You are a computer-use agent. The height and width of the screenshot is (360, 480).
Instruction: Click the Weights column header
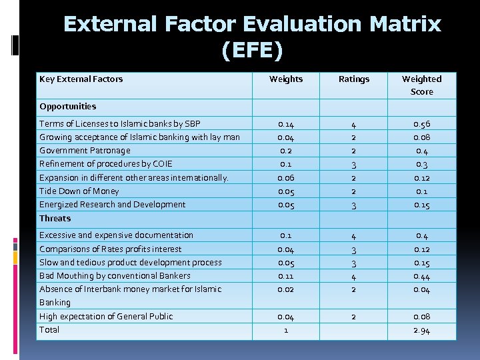point(285,79)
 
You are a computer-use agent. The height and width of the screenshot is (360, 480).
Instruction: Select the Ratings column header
point(353,79)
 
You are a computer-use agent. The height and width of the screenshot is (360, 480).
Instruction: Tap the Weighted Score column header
point(421,85)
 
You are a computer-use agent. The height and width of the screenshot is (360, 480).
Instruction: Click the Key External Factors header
point(81,79)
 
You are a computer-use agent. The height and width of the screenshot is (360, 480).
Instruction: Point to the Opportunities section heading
point(67,106)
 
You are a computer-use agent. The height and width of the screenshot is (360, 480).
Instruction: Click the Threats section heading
point(55,218)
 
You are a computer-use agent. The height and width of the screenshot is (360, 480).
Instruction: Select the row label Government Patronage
point(85,150)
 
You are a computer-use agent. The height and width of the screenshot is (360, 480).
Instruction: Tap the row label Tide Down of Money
point(79,191)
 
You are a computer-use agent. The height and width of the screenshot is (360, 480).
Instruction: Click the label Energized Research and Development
point(112,204)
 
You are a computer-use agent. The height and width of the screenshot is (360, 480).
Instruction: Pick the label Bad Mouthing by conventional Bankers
point(115,275)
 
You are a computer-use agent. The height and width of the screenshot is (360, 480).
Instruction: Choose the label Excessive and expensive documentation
point(116,235)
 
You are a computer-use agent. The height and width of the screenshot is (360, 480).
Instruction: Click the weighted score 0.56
point(421,124)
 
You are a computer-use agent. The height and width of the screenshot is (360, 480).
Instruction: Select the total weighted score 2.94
point(421,331)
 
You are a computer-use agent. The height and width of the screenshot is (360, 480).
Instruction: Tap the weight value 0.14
point(285,124)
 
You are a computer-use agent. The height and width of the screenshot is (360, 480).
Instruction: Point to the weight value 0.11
point(285,275)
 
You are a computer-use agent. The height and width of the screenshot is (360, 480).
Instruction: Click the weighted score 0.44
point(421,276)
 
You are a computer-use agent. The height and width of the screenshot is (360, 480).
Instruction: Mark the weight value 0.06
point(285,177)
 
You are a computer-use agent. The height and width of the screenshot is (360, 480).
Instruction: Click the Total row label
point(49,329)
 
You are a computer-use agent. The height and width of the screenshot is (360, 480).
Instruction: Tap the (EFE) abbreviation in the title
point(253,49)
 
